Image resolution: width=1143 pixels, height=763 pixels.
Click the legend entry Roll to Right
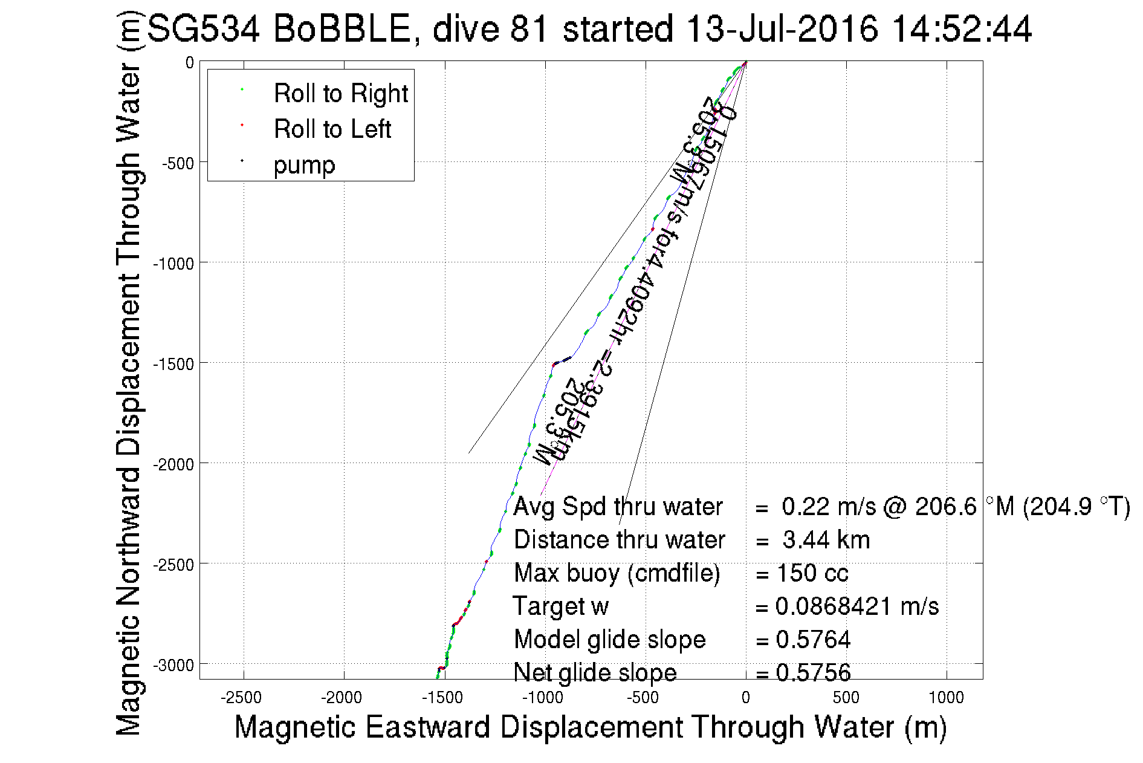click(x=340, y=94)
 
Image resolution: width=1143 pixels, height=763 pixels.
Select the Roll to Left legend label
click(x=332, y=129)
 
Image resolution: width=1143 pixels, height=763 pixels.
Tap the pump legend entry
click(x=304, y=165)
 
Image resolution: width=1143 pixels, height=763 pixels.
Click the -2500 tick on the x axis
click(x=241, y=698)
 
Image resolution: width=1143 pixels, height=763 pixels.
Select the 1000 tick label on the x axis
click(x=946, y=698)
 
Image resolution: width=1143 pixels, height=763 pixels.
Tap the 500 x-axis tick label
click(x=846, y=698)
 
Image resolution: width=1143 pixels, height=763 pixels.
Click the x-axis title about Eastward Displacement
click(x=590, y=727)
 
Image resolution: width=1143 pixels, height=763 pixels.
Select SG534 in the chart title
click(x=203, y=28)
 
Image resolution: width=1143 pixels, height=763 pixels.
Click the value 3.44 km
click(x=826, y=540)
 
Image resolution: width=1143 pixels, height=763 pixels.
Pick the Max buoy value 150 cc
click(x=812, y=573)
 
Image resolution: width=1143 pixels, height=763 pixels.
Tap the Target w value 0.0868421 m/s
click(x=856, y=606)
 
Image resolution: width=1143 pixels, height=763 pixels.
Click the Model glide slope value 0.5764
click(x=813, y=640)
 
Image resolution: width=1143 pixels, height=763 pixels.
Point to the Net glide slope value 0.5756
click(x=813, y=673)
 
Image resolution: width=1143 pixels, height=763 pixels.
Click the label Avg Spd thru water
click(x=618, y=507)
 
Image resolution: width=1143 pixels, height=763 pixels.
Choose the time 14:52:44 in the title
click(x=962, y=28)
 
